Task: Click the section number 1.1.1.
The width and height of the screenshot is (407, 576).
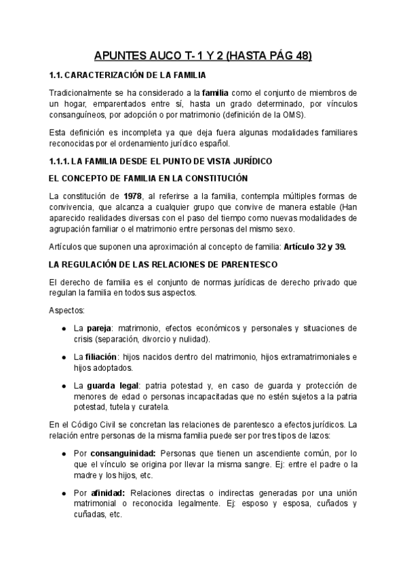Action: point(62,161)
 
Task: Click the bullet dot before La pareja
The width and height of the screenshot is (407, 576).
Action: point(63,328)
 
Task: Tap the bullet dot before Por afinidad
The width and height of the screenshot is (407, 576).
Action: point(63,492)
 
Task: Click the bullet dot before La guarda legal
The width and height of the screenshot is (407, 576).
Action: point(63,385)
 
